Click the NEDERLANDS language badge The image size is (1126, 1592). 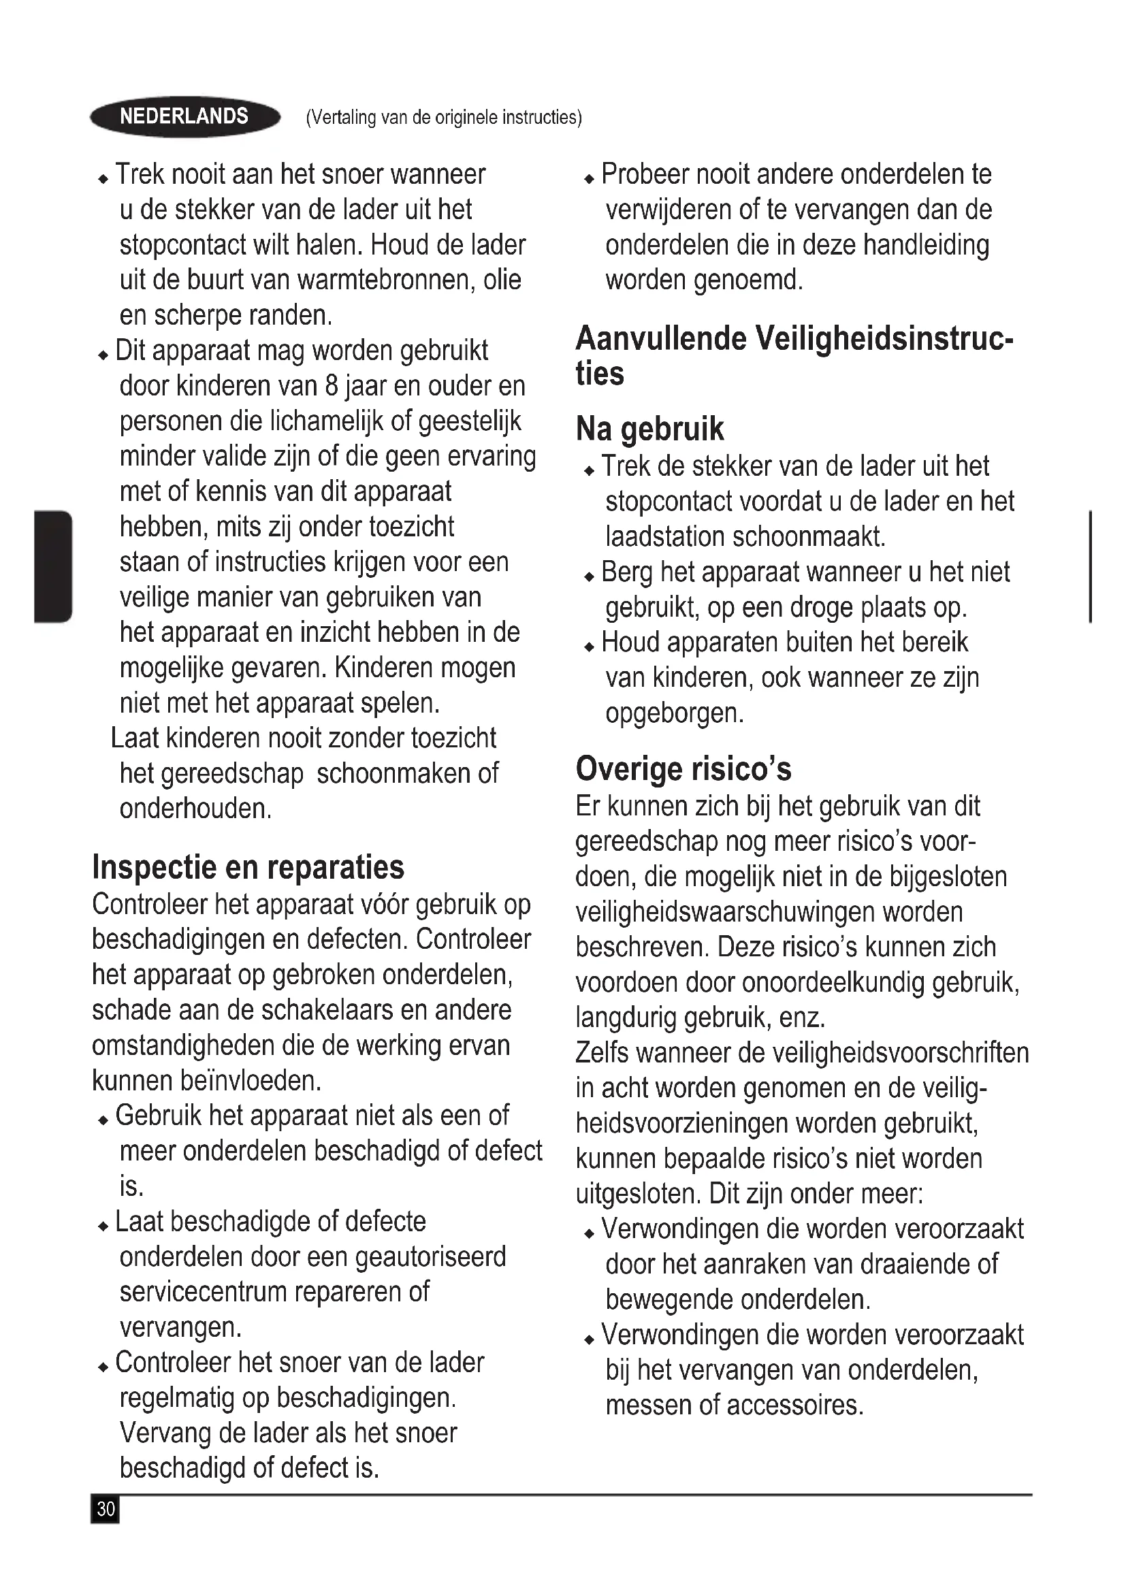[x=184, y=116]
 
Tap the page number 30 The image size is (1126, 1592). [x=106, y=1509]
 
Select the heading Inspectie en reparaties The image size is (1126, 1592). [x=248, y=866]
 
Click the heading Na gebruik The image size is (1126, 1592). [x=649, y=429]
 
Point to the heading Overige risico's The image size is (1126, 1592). [x=683, y=768]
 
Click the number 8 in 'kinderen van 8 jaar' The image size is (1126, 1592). [x=332, y=386]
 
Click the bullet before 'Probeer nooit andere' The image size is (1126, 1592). [x=590, y=180]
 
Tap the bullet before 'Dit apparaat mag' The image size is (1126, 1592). [x=103, y=356]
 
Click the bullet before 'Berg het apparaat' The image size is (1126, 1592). [x=590, y=577]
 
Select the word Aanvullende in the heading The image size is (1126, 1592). [x=661, y=339]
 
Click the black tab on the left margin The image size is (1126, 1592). [x=52, y=566]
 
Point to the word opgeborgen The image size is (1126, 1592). [x=674, y=713]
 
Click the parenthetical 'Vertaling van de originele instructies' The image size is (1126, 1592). [x=444, y=117]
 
